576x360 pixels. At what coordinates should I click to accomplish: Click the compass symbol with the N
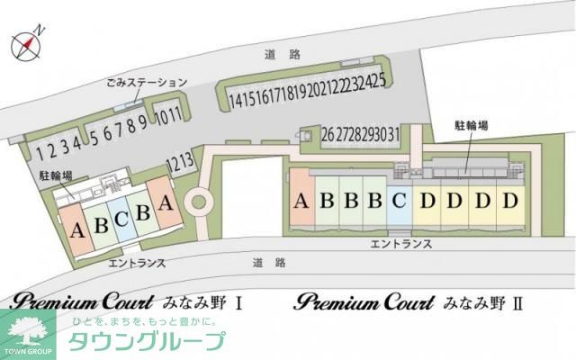pyautogui.click(x=28, y=44)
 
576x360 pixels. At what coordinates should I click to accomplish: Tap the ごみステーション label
pyautogui.click(x=145, y=83)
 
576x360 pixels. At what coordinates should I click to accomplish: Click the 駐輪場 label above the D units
pyautogui.click(x=472, y=126)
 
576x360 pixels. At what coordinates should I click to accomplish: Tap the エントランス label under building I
pyautogui.click(x=137, y=263)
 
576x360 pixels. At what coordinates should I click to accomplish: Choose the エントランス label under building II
pyautogui.click(x=402, y=243)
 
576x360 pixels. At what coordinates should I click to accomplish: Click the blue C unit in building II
pyautogui.click(x=400, y=201)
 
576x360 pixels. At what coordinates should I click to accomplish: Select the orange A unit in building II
pyautogui.click(x=301, y=201)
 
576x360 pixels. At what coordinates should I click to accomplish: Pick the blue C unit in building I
pyautogui.click(x=121, y=220)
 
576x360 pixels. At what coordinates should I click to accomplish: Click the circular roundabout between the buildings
pyautogui.click(x=197, y=201)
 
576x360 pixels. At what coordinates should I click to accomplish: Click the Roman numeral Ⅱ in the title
pyautogui.click(x=517, y=303)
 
